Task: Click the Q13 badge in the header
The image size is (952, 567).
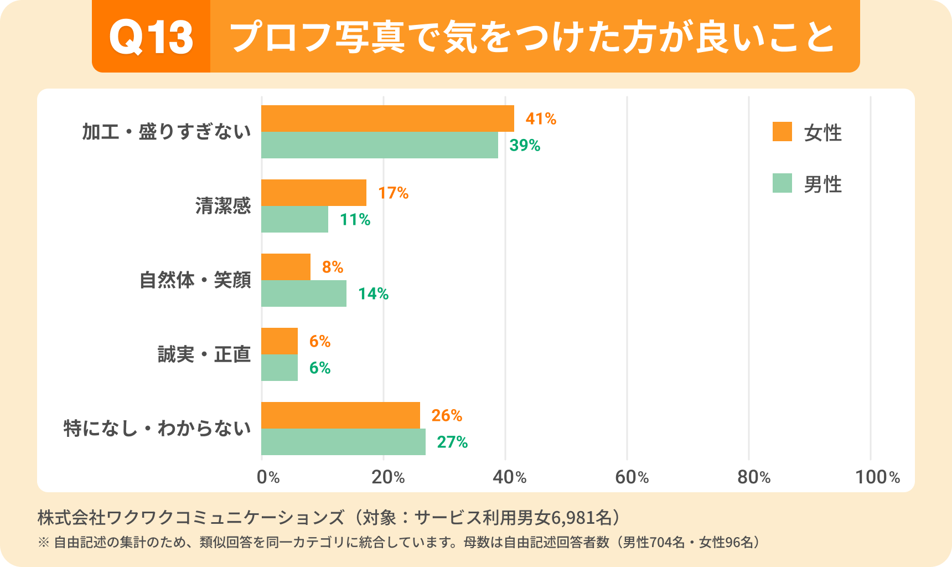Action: [x=151, y=37]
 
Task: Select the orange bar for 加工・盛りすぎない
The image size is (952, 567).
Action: [x=387, y=118]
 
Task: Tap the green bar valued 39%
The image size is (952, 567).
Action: [x=379, y=145]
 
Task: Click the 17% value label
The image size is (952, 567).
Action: [x=393, y=193]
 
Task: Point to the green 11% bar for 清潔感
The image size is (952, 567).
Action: [x=294, y=219]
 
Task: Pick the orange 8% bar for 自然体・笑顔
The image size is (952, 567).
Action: [x=286, y=267]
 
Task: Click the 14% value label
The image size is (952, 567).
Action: [x=373, y=293]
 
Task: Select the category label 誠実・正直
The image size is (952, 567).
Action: [x=204, y=354]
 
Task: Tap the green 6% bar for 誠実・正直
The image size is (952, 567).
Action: [x=280, y=368]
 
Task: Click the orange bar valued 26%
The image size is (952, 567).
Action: [x=340, y=415]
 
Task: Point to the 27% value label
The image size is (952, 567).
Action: [x=452, y=442]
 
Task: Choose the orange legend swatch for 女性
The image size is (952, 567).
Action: [x=782, y=132]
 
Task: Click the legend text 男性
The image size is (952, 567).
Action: [x=822, y=184]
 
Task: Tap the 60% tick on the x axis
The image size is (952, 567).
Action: [x=632, y=477]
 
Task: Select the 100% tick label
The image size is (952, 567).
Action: [x=877, y=477]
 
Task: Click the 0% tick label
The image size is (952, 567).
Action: [x=268, y=477]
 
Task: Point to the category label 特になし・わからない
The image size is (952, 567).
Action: [x=157, y=429]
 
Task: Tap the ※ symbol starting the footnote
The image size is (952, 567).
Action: [x=44, y=542]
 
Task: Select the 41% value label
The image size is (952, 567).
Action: [x=541, y=118]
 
